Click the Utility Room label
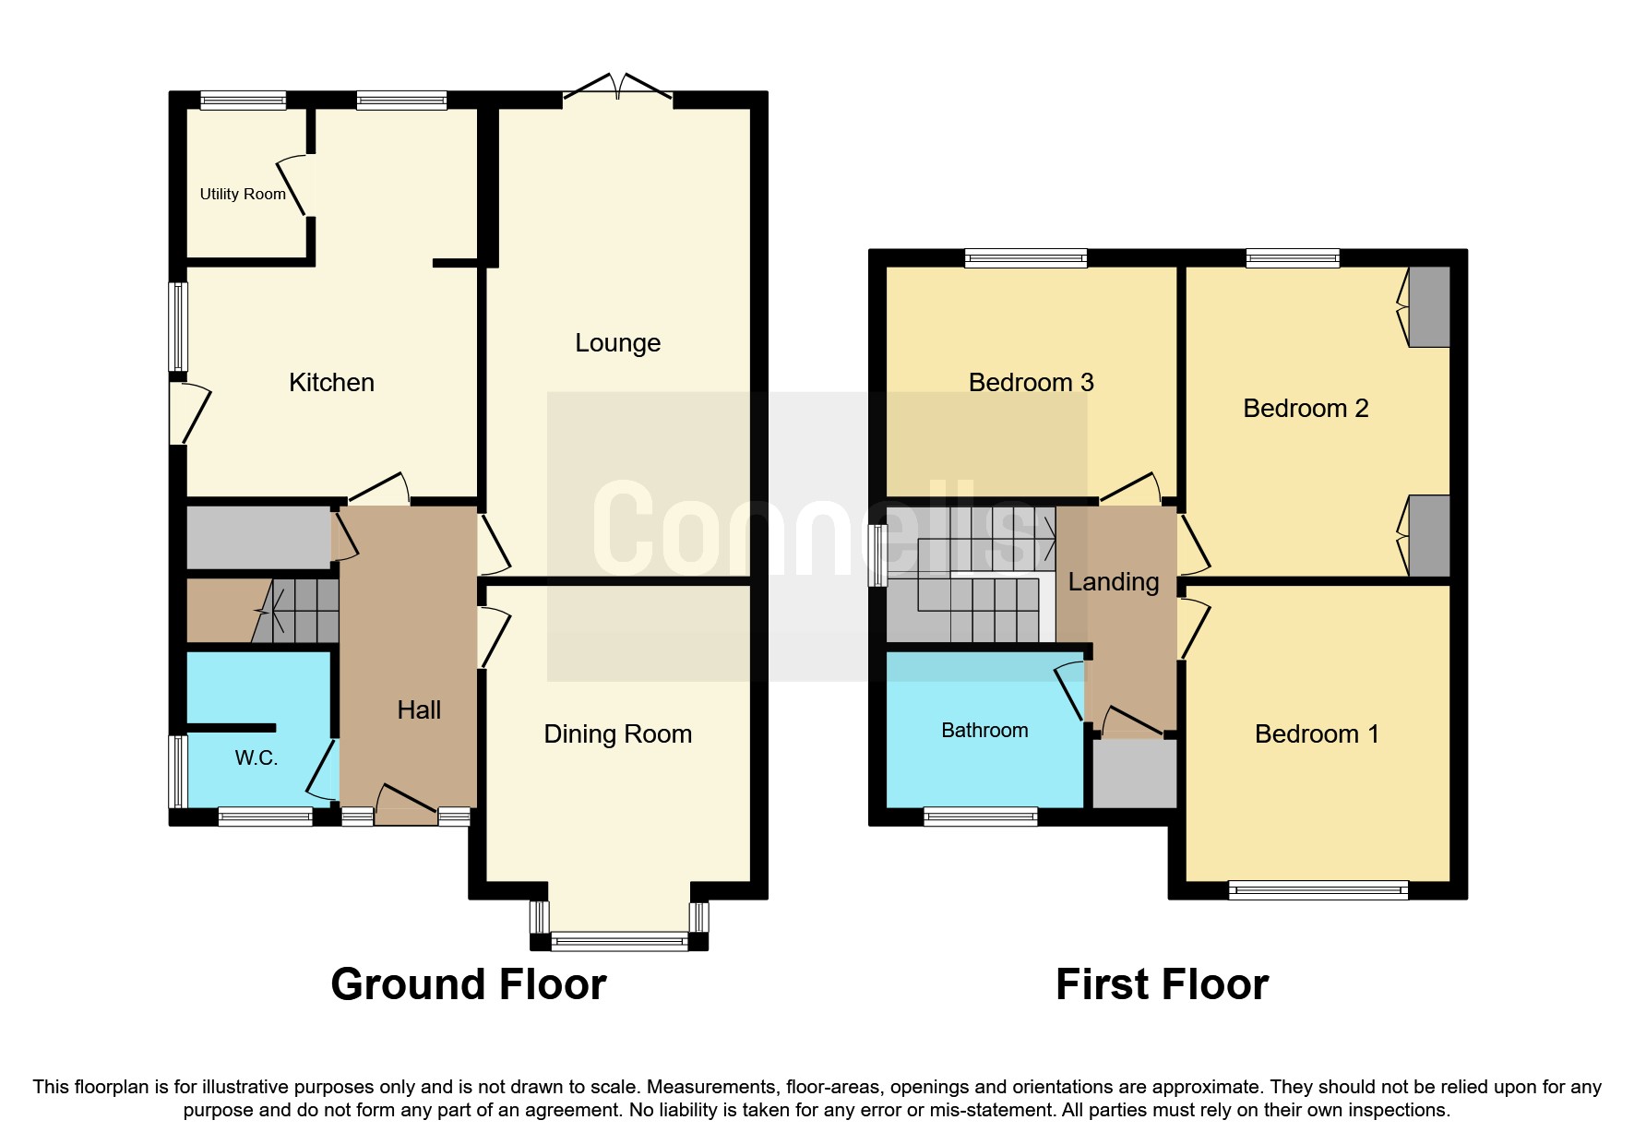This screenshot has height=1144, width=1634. coord(243,194)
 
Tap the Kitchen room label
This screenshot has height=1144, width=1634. coord(331,382)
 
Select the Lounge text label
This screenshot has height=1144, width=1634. coord(617,342)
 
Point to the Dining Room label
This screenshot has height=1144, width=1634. coord(617,733)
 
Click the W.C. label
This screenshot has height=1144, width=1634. coord(256,757)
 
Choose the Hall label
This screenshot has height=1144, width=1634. coord(419,709)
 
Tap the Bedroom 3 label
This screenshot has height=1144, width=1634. coord(1031,382)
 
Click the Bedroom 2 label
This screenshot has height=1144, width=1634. coord(1305,408)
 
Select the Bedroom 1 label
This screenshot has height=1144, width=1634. coord(1316,733)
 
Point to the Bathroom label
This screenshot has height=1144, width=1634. coord(984,730)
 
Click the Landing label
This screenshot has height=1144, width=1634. coord(1113,581)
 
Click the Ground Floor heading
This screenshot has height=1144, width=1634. coord(468,983)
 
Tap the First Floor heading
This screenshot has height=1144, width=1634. coord(1161,983)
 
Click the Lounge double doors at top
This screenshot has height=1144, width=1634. coord(617,88)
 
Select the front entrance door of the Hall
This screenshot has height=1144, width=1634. coord(406,803)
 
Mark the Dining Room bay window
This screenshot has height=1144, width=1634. coord(619,941)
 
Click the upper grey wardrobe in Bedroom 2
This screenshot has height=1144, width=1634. coord(1428,307)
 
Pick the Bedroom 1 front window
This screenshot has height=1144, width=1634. coord(1318,889)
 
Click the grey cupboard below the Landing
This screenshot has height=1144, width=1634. coord(1135,774)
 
